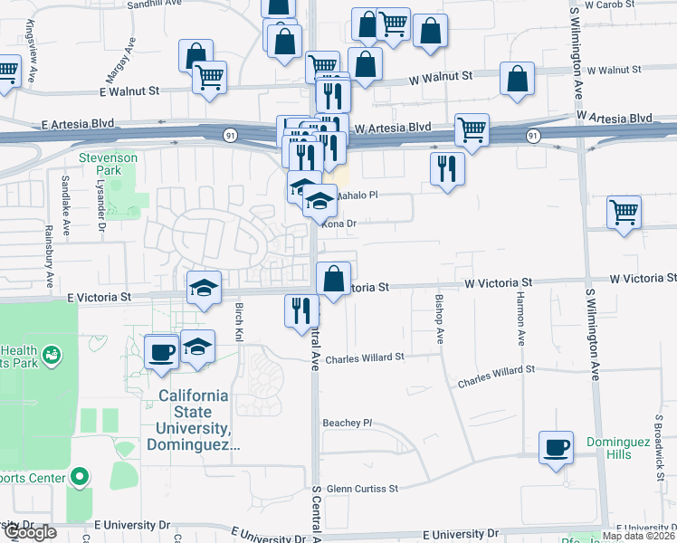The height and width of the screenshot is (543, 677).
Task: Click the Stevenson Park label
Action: click(x=108, y=163)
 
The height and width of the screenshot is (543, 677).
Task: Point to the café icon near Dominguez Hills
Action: click(x=556, y=447)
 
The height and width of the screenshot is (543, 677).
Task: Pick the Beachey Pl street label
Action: click(x=348, y=423)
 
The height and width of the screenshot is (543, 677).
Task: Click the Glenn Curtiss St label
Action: click(x=363, y=489)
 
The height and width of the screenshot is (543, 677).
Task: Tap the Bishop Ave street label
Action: click(x=440, y=317)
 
